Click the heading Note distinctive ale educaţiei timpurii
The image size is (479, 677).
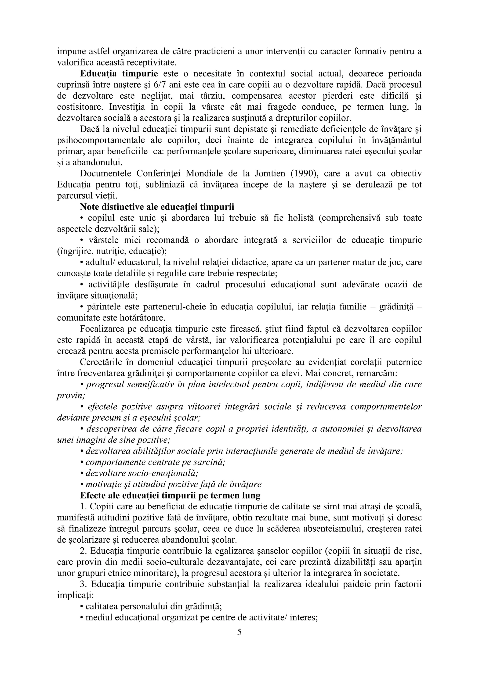pos(157,207)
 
